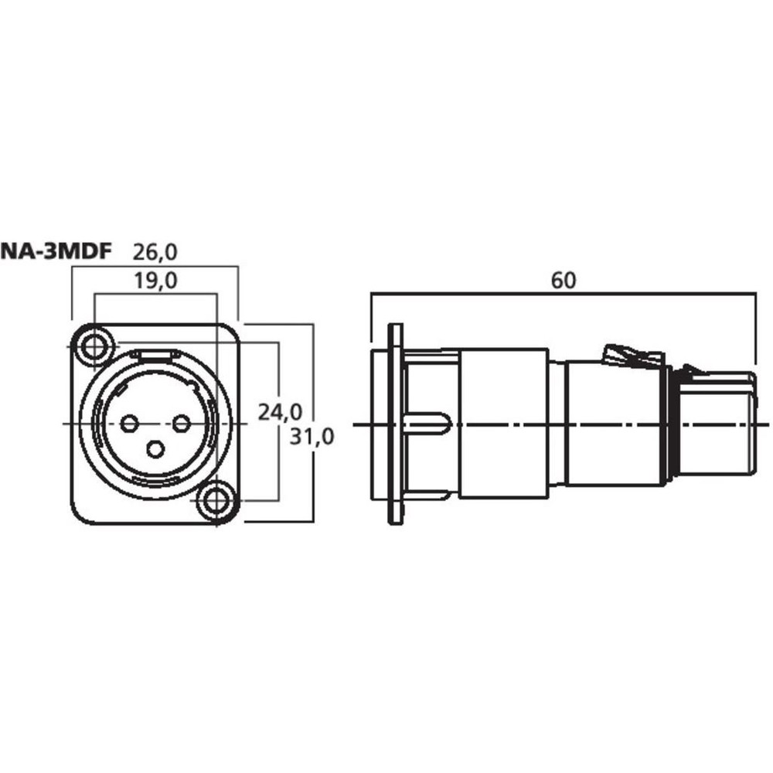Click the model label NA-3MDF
[x=56, y=251]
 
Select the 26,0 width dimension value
[x=155, y=253]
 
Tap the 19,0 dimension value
[x=156, y=281]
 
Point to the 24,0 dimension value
[x=280, y=412]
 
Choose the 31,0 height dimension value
[x=312, y=437]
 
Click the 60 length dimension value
[x=563, y=281]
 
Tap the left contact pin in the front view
[x=130, y=424]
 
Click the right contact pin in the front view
[x=182, y=424]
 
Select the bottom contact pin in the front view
[x=156, y=449]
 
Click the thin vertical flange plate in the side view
[x=395, y=424]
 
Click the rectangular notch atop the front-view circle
[x=155, y=353]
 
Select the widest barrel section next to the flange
[x=503, y=424]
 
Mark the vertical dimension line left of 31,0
[x=314, y=423]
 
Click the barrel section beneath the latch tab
[x=616, y=424]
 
